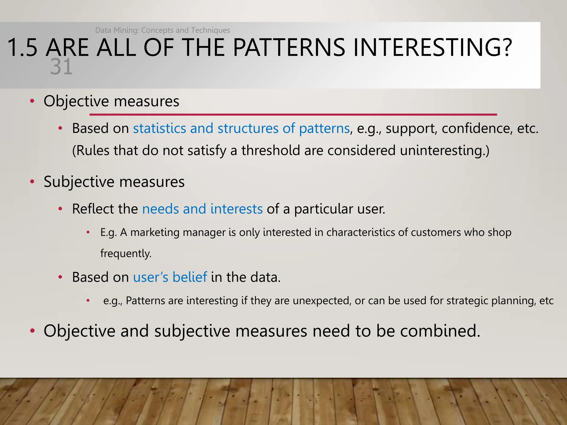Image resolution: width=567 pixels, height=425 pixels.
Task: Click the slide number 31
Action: [61, 67]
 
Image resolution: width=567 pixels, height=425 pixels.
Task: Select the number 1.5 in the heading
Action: [22, 48]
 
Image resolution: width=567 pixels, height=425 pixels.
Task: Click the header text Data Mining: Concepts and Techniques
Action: [163, 30]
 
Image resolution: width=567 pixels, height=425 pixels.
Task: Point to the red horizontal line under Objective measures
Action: [293, 114]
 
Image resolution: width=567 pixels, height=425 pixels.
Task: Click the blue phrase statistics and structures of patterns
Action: [241, 128]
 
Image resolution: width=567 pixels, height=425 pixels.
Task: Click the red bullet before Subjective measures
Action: [32, 182]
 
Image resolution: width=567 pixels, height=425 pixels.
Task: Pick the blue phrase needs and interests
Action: [202, 209]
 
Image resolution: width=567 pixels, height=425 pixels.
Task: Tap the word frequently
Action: [126, 253]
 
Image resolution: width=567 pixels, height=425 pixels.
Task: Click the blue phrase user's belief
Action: [170, 277]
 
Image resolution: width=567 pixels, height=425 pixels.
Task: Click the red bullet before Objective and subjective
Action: [32, 331]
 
